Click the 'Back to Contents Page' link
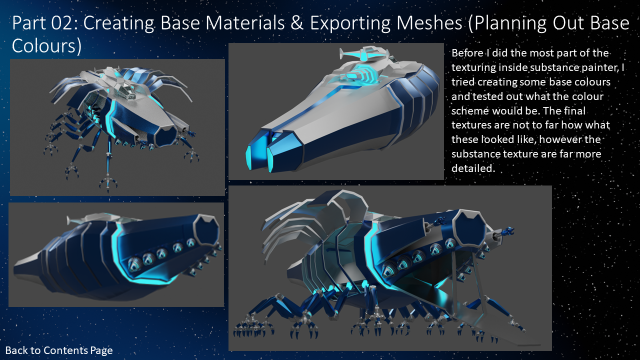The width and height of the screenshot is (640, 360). click(59, 350)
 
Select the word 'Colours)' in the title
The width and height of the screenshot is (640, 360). click(46, 45)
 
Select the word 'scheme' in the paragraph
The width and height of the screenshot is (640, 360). click(470, 110)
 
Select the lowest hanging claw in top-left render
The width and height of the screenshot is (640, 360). click(107, 182)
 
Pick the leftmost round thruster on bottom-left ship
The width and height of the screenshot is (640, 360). click(135, 261)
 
